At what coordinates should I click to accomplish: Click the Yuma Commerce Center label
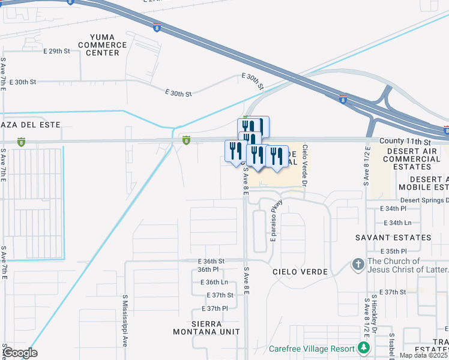(98, 44)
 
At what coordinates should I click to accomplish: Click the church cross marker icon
(358, 265)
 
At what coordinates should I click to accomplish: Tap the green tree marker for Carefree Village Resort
(363, 347)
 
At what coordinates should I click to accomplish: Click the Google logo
(20, 353)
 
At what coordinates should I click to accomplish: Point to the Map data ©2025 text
(423, 355)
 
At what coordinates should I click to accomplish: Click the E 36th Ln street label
(214, 282)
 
